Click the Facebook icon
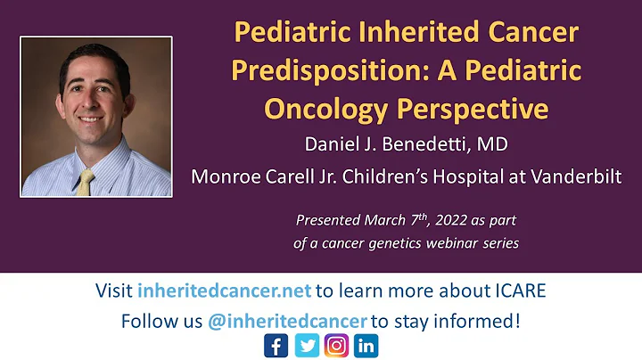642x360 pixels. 276,346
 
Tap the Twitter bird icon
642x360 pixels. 306,346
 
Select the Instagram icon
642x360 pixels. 335,346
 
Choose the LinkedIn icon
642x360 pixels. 366,346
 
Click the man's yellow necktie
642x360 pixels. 85,181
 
